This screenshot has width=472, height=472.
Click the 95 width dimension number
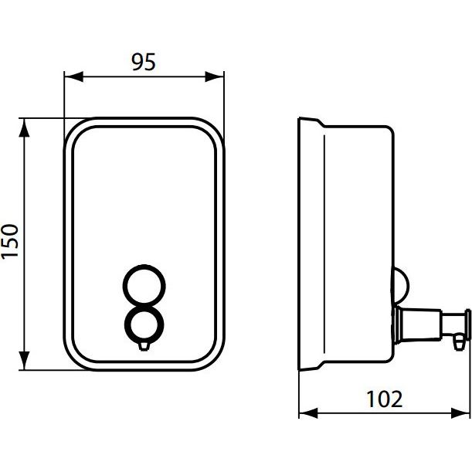(x=144, y=62)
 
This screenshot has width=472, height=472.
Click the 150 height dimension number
(x=9, y=241)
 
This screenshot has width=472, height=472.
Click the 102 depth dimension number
(x=385, y=399)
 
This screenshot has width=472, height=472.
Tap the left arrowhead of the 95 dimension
(x=73, y=76)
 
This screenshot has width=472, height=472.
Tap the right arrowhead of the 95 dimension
(x=214, y=76)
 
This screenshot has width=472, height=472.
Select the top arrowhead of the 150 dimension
(x=24, y=127)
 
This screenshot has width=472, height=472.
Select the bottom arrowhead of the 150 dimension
(x=24, y=361)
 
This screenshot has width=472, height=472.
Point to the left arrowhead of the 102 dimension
(x=308, y=413)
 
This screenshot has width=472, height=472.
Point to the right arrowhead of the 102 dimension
(x=460, y=413)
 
